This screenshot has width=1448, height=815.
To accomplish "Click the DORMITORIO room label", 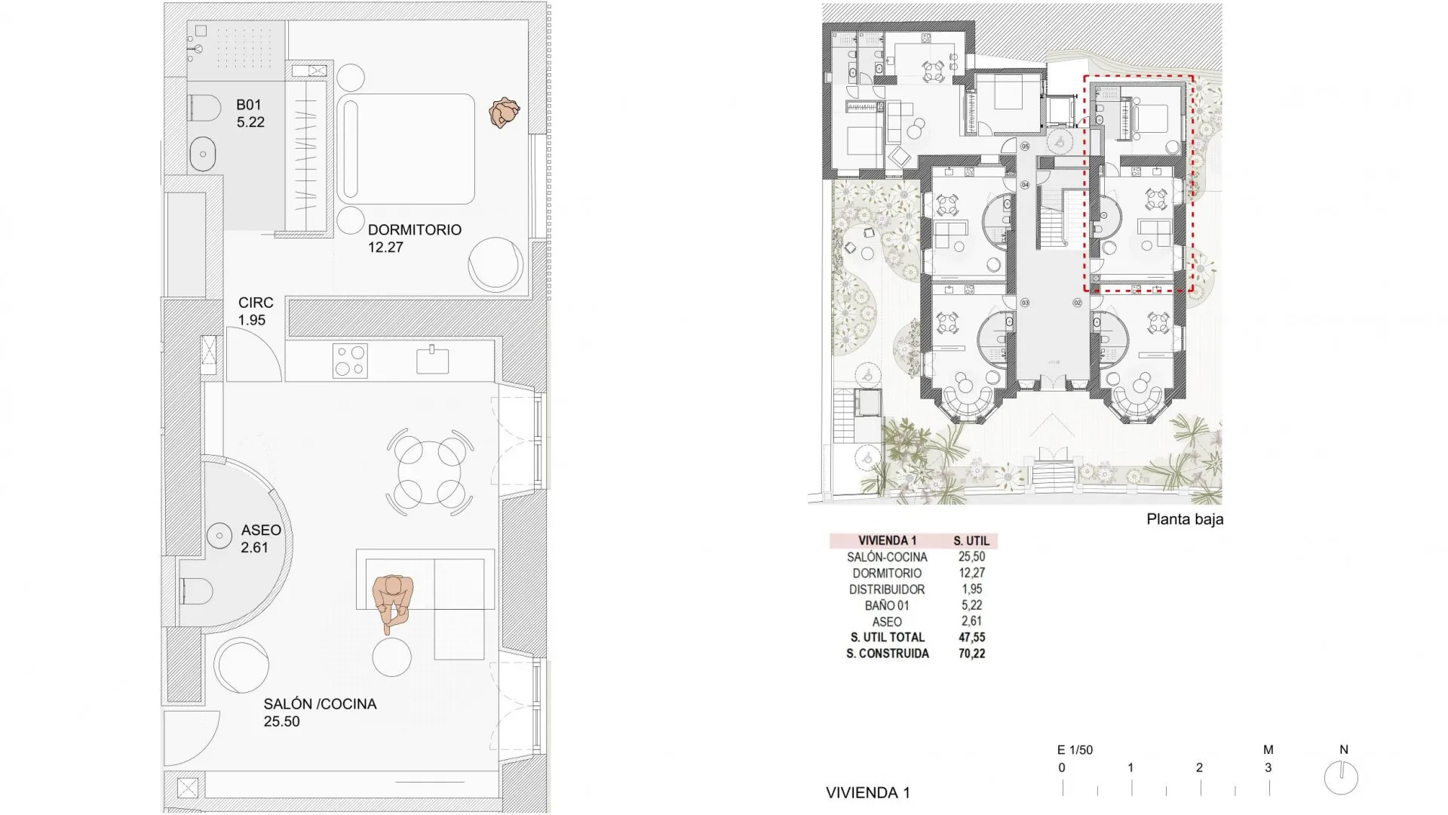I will coord(414,230).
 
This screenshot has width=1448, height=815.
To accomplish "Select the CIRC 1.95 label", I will coord(255,311).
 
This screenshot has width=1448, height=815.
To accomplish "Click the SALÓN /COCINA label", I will coord(320,704).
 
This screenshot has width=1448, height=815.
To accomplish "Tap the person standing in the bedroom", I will coord(503,113).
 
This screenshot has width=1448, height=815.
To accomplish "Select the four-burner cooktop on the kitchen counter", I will coord(350,361).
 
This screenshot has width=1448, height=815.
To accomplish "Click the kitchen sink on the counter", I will coord(433,360).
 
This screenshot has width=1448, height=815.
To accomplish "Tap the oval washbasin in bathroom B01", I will coord(202,155).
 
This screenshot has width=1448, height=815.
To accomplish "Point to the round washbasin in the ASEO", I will coord(219,536).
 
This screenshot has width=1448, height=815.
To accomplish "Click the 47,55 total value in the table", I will coord(971,638).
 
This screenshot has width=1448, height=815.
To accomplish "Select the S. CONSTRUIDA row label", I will coord(887,654).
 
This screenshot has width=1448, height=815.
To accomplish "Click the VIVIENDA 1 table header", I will coord(887,540).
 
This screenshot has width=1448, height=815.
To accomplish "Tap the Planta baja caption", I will coord(1184,519).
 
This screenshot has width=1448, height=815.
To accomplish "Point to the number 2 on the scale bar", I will coord(1199,767).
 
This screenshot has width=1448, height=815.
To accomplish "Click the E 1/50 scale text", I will coord(1074,750).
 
